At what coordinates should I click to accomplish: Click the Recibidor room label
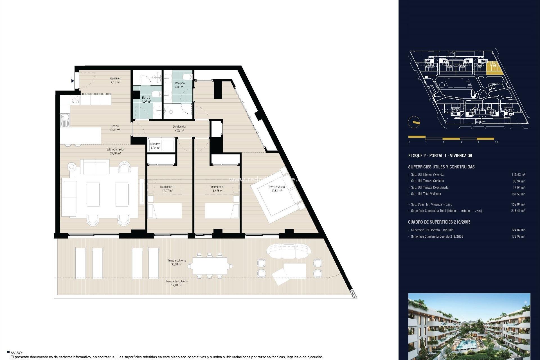point(115,80)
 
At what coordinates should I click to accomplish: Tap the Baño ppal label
point(179,85)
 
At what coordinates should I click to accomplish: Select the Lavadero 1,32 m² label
point(155,146)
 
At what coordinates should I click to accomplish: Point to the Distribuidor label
point(179,128)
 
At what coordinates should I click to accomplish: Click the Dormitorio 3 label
point(167,189)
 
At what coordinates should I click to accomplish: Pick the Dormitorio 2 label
point(218,189)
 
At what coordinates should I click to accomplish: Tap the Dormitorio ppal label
point(276,189)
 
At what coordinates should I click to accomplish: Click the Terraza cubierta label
point(177,262)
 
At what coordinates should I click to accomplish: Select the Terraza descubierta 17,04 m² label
point(177,283)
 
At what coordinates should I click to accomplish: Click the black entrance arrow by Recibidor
point(73,81)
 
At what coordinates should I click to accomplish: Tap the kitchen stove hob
point(75,100)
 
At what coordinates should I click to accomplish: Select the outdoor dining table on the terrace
point(210,266)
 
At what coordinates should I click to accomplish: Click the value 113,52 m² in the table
point(518,175)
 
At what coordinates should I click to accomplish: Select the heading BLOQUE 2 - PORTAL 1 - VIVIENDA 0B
point(440,156)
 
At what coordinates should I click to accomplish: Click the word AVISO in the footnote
point(16,353)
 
